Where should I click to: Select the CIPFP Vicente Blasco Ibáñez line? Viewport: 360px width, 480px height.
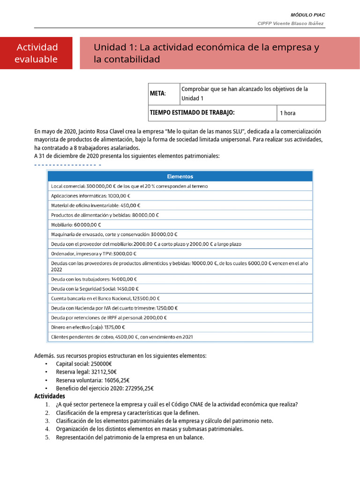click(x=290, y=23)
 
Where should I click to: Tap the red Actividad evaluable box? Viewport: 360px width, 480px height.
click(x=37, y=53)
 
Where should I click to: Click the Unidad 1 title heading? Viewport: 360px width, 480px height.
click(x=206, y=53)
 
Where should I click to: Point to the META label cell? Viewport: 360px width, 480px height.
click(x=157, y=94)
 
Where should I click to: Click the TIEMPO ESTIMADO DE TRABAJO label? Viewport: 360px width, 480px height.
click(x=192, y=112)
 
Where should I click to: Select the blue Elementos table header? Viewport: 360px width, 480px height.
click(x=180, y=176)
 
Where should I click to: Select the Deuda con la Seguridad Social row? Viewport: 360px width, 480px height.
click(x=95, y=289)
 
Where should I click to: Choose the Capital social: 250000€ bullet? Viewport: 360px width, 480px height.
click(x=83, y=364)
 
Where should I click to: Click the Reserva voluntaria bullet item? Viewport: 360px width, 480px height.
click(x=92, y=380)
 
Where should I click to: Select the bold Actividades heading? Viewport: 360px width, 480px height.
click(x=50, y=397)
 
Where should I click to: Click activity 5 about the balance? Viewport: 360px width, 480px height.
click(x=130, y=437)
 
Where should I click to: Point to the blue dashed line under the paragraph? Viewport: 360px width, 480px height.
click(x=68, y=165)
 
